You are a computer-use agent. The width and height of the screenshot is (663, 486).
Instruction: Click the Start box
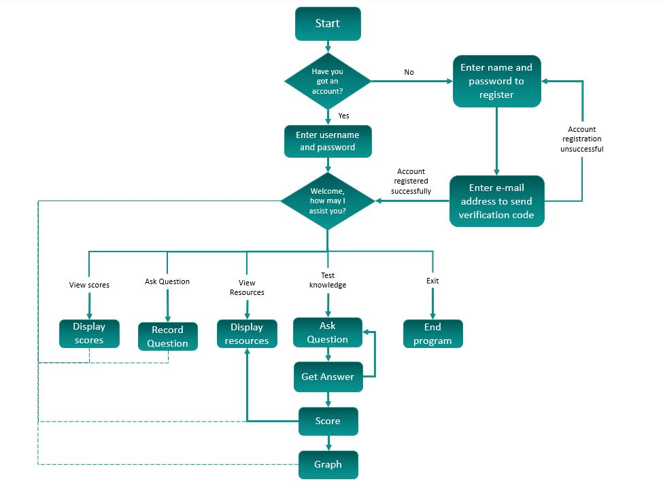coord(327,24)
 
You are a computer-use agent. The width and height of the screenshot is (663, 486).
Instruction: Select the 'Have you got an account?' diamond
coord(327,82)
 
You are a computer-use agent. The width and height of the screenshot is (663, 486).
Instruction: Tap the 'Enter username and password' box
coord(328,141)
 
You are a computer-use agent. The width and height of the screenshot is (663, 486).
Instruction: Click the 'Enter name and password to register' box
coord(496,81)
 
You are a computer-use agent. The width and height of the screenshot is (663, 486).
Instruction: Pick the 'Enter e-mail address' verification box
coord(496,201)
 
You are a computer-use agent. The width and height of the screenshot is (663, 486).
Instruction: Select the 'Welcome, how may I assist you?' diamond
coord(327,201)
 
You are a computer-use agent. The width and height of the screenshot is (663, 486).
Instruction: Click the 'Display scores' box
coord(89,333)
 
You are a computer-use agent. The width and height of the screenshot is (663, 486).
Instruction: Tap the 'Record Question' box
coord(167,336)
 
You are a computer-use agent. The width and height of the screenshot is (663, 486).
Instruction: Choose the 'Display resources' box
coord(247,334)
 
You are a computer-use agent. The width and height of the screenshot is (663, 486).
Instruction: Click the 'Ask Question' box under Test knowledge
coord(327,332)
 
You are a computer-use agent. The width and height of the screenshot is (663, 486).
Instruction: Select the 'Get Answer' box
coord(328,377)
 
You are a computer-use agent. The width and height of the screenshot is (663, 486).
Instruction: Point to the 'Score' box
coord(328,421)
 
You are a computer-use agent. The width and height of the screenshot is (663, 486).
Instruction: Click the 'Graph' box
coord(328,466)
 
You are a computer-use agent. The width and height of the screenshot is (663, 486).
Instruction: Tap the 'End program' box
coord(432,334)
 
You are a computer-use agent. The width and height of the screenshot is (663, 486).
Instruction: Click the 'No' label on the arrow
coord(409,72)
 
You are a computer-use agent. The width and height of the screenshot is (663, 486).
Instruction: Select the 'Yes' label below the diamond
coord(343,116)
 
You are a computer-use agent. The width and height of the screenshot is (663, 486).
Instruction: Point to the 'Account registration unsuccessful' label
coord(581,139)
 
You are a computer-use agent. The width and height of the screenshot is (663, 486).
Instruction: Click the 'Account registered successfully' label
coord(411,181)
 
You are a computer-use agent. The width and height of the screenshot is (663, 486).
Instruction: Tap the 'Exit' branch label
coord(432,281)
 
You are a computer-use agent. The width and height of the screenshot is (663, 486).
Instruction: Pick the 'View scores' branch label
coord(89,285)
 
